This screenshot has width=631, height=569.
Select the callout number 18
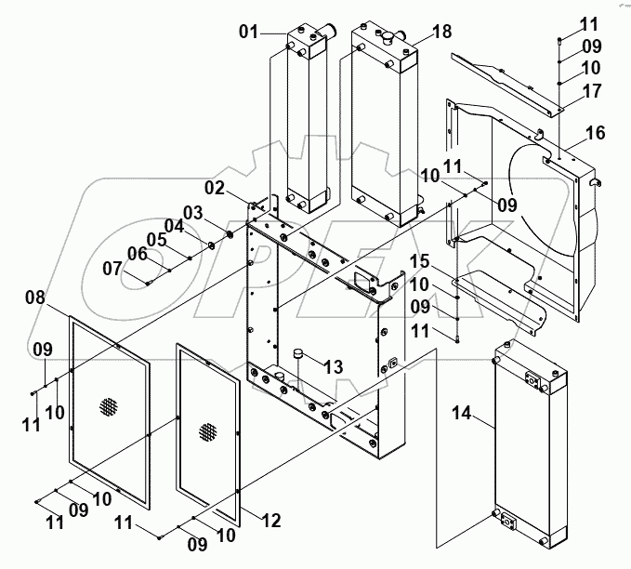(x=442, y=32)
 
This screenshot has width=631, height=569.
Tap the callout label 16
(x=595, y=133)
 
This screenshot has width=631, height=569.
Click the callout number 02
(x=216, y=188)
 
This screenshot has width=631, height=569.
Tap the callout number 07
(x=112, y=269)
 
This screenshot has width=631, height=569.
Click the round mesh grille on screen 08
(x=110, y=406)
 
